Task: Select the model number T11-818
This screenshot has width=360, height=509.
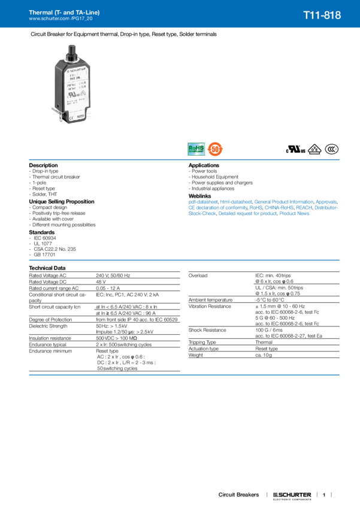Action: pos(322,16)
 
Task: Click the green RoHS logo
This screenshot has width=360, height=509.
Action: pos(196,147)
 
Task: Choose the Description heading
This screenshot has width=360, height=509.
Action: pos(44,165)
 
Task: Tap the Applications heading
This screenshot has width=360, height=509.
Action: pos(204,165)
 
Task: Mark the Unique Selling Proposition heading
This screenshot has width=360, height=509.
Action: pos(62,201)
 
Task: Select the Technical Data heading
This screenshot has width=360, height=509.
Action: pos(47,266)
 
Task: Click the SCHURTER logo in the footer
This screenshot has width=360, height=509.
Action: pos(292,495)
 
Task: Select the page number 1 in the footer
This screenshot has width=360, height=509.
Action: pos(323,495)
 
